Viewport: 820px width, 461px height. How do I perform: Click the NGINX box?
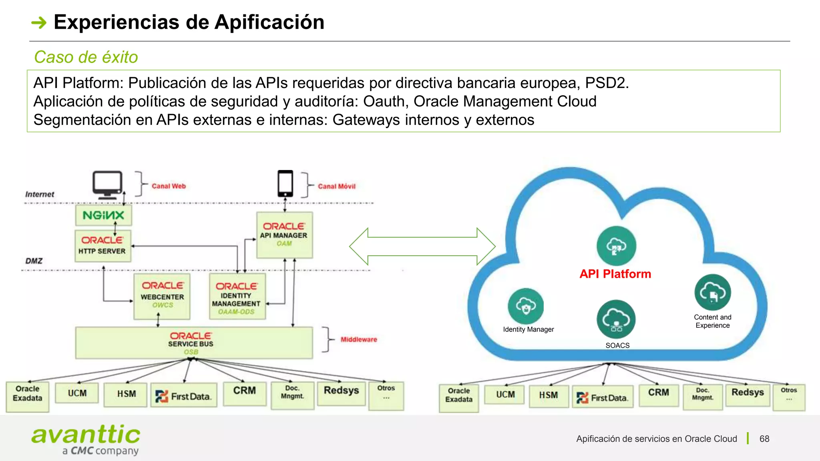[103, 215]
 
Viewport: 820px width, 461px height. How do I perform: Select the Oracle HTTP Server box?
[103, 246]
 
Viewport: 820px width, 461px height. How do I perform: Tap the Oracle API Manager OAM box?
[284, 235]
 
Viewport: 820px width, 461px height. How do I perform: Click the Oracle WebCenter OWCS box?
[162, 297]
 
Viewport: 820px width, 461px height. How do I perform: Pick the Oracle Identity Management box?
[237, 297]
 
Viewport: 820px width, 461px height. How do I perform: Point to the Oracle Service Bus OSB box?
[194, 343]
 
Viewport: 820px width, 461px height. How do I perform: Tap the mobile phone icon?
[285, 183]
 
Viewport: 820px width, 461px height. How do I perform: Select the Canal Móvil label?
[336, 186]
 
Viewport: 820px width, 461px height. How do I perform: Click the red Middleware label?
[359, 339]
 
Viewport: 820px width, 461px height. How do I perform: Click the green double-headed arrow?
[422, 247]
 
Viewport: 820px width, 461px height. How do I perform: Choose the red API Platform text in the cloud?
[615, 274]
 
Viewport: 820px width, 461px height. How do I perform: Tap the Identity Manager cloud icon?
[526, 306]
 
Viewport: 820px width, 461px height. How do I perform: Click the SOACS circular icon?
[616, 319]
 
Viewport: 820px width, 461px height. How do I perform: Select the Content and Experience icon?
[712, 292]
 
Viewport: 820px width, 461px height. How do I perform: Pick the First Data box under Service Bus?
[184, 396]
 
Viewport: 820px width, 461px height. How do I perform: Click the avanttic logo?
[86, 439]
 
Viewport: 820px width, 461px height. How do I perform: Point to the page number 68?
[764, 439]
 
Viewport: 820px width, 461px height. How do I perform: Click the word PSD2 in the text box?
[606, 83]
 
